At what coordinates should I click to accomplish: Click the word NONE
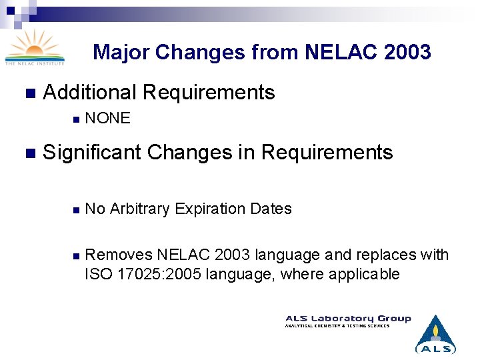coord(108,119)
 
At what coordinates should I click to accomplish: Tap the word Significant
coord(91,152)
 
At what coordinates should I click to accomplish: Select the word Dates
coord(271,209)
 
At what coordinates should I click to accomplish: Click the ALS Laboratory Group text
coord(348,319)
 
